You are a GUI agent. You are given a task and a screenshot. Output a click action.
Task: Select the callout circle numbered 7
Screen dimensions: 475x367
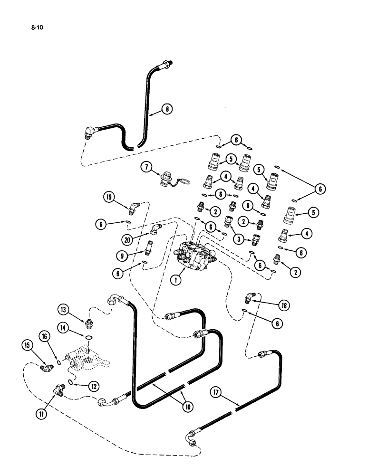coord(147,167)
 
